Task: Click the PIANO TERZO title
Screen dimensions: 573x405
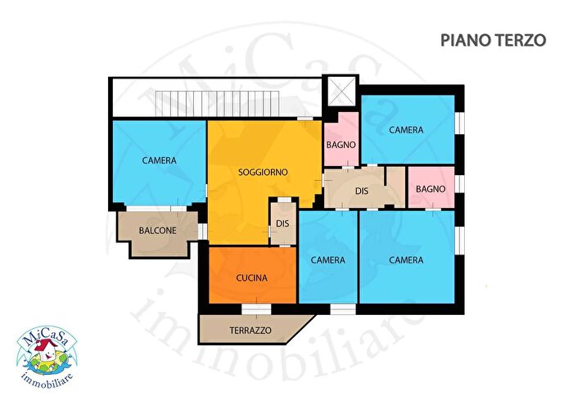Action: pos(493,40)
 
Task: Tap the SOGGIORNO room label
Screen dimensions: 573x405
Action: pos(263,172)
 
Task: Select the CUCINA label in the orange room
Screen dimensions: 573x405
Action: pos(252,278)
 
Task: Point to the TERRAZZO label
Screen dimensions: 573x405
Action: pos(250,331)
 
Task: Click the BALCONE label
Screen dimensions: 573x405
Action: pos(157,231)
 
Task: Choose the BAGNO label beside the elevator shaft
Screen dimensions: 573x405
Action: pos(341,145)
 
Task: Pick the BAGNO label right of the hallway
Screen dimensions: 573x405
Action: pos(431,189)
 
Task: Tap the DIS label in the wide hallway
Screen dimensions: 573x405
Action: pos(362,191)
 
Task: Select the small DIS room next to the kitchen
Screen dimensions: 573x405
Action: pos(283,223)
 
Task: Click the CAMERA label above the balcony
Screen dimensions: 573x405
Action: pos(160,160)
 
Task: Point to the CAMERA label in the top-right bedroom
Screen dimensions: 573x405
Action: pos(406,130)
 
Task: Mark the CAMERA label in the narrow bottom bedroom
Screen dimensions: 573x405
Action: pos(327,260)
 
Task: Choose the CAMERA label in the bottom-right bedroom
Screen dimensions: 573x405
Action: pos(406,260)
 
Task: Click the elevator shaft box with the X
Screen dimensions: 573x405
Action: pos(341,92)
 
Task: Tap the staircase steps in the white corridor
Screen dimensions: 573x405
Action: pos(218,103)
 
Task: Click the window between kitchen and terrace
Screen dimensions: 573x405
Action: pos(256,309)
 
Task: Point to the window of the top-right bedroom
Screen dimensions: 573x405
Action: pos(460,122)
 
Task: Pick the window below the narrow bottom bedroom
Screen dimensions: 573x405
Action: pos(343,309)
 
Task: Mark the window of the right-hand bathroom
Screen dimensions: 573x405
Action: pos(460,183)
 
